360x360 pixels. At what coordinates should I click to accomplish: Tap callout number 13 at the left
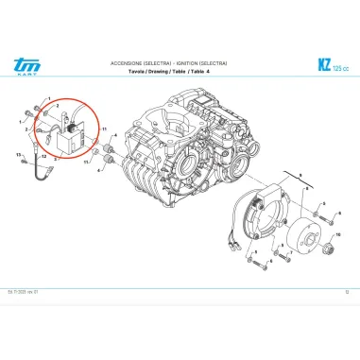tap(18, 154)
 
